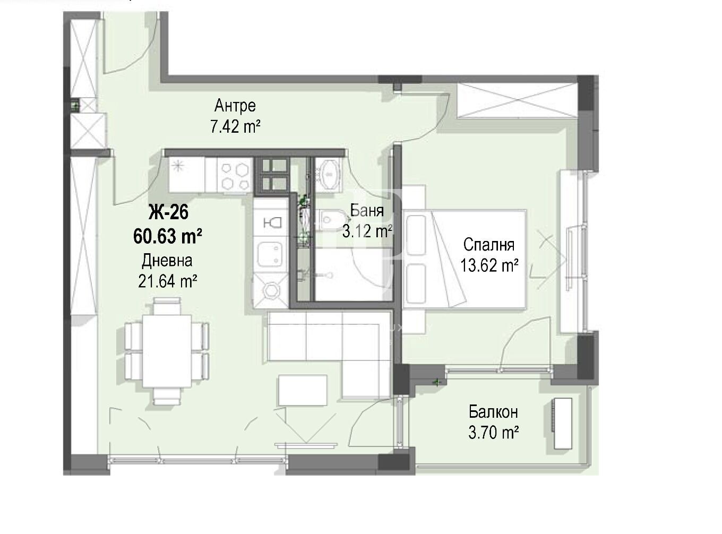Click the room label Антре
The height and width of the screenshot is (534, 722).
pyautogui.click(x=235, y=106)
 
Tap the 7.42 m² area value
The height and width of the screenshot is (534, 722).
pyautogui.click(x=235, y=126)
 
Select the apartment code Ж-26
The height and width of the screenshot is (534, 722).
pyautogui.click(x=168, y=212)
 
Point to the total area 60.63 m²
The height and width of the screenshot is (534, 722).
pyautogui.click(x=168, y=236)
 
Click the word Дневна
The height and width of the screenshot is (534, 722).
pyautogui.click(x=167, y=261)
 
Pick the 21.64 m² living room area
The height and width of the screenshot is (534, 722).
pyautogui.click(x=167, y=281)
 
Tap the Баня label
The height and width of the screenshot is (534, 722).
pyautogui.click(x=367, y=211)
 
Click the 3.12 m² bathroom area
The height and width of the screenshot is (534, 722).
pyautogui.click(x=367, y=231)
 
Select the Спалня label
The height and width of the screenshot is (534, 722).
pyautogui.click(x=488, y=245)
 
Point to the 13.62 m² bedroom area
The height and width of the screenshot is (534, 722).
pyautogui.click(x=489, y=265)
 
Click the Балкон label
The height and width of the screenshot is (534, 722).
pyautogui.click(x=493, y=412)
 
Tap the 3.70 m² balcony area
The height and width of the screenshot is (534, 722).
pyautogui.click(x=493, y=433)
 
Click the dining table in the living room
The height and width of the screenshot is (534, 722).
pyautogui.click(x=167, y=351)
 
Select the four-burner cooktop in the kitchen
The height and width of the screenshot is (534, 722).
pyautogui.click(x=235, y=176)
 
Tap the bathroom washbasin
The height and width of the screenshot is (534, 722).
pyautogui.click(x=329, y=175)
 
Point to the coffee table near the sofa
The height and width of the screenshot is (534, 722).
pyautogui.click(x=303, y=390)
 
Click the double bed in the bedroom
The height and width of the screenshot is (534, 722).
pyautogui.click(x=464, y=260)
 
